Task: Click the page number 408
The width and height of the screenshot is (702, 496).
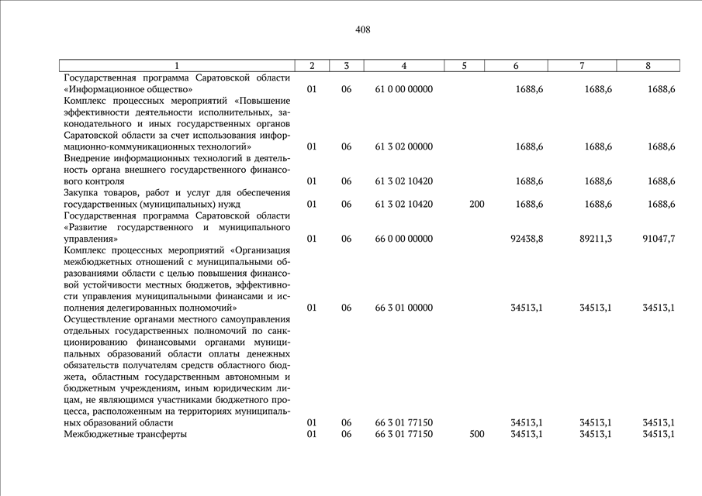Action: tap(362, 29)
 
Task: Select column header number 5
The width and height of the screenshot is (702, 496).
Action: tap(464, 66)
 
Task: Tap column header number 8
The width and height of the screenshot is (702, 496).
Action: tap(648, 66)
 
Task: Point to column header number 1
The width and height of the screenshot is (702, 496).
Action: tap(177, 66)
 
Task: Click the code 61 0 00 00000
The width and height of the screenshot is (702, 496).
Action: tap(403, 90)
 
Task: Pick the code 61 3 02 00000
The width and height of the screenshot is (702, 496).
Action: tap(403, 146)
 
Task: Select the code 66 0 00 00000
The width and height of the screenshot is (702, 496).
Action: tap(403, 239)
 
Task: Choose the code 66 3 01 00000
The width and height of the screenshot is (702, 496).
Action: tap(403, 308)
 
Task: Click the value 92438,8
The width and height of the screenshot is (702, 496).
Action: tap(527, 239)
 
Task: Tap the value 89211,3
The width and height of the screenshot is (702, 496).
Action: tap(596, 239)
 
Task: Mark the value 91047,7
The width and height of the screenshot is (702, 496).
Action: tap(659, 239)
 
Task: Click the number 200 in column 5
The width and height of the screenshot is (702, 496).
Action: tap(477, 204)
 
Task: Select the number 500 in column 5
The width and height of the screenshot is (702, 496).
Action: tap(477, 434)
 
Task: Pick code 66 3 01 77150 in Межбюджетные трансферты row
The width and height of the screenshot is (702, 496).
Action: tap(403, 434)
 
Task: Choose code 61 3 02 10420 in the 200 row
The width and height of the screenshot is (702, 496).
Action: tap(403, 204)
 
